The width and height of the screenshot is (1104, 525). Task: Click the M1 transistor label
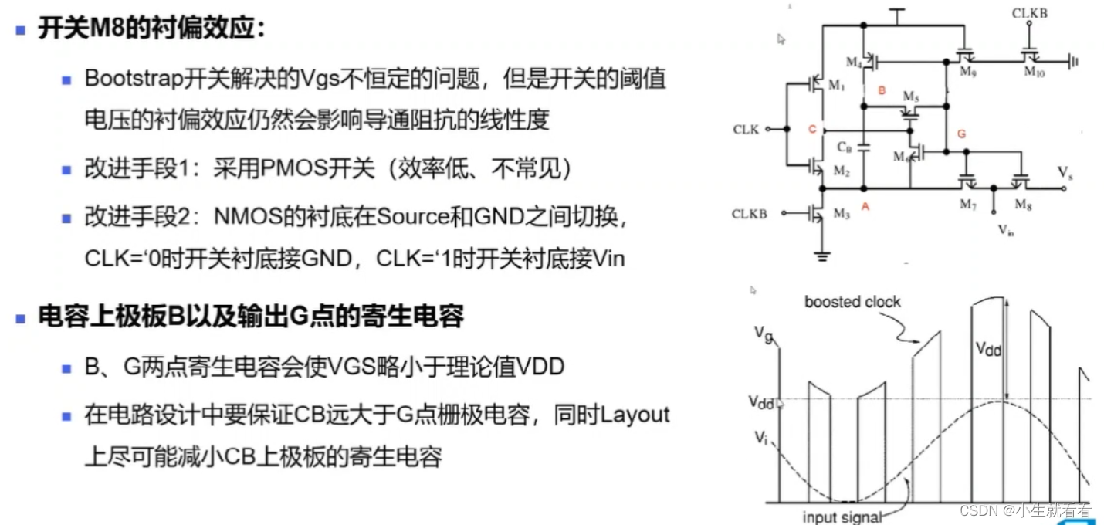(x=837, y=86)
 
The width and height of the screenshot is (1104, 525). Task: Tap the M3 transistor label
(x=841, y=214)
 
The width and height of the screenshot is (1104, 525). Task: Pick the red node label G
(x=961, y=134)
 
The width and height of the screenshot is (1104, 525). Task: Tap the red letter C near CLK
(x=812, y=130)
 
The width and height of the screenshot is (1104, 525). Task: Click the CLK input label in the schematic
(x=746, y=130)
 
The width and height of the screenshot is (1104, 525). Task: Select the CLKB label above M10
(x=1030, y=14)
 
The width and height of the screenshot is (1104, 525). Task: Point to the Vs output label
(x=1065, y=173)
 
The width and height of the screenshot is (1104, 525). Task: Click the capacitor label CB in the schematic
(x=845, y=146)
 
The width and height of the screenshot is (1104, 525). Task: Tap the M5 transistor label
(x=911, y=97)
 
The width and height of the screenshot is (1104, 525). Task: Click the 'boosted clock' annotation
(x=852, y=302)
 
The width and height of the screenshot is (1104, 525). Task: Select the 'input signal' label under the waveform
(x=842, y=517)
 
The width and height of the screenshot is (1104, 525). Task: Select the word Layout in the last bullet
(x=635, y=415)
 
